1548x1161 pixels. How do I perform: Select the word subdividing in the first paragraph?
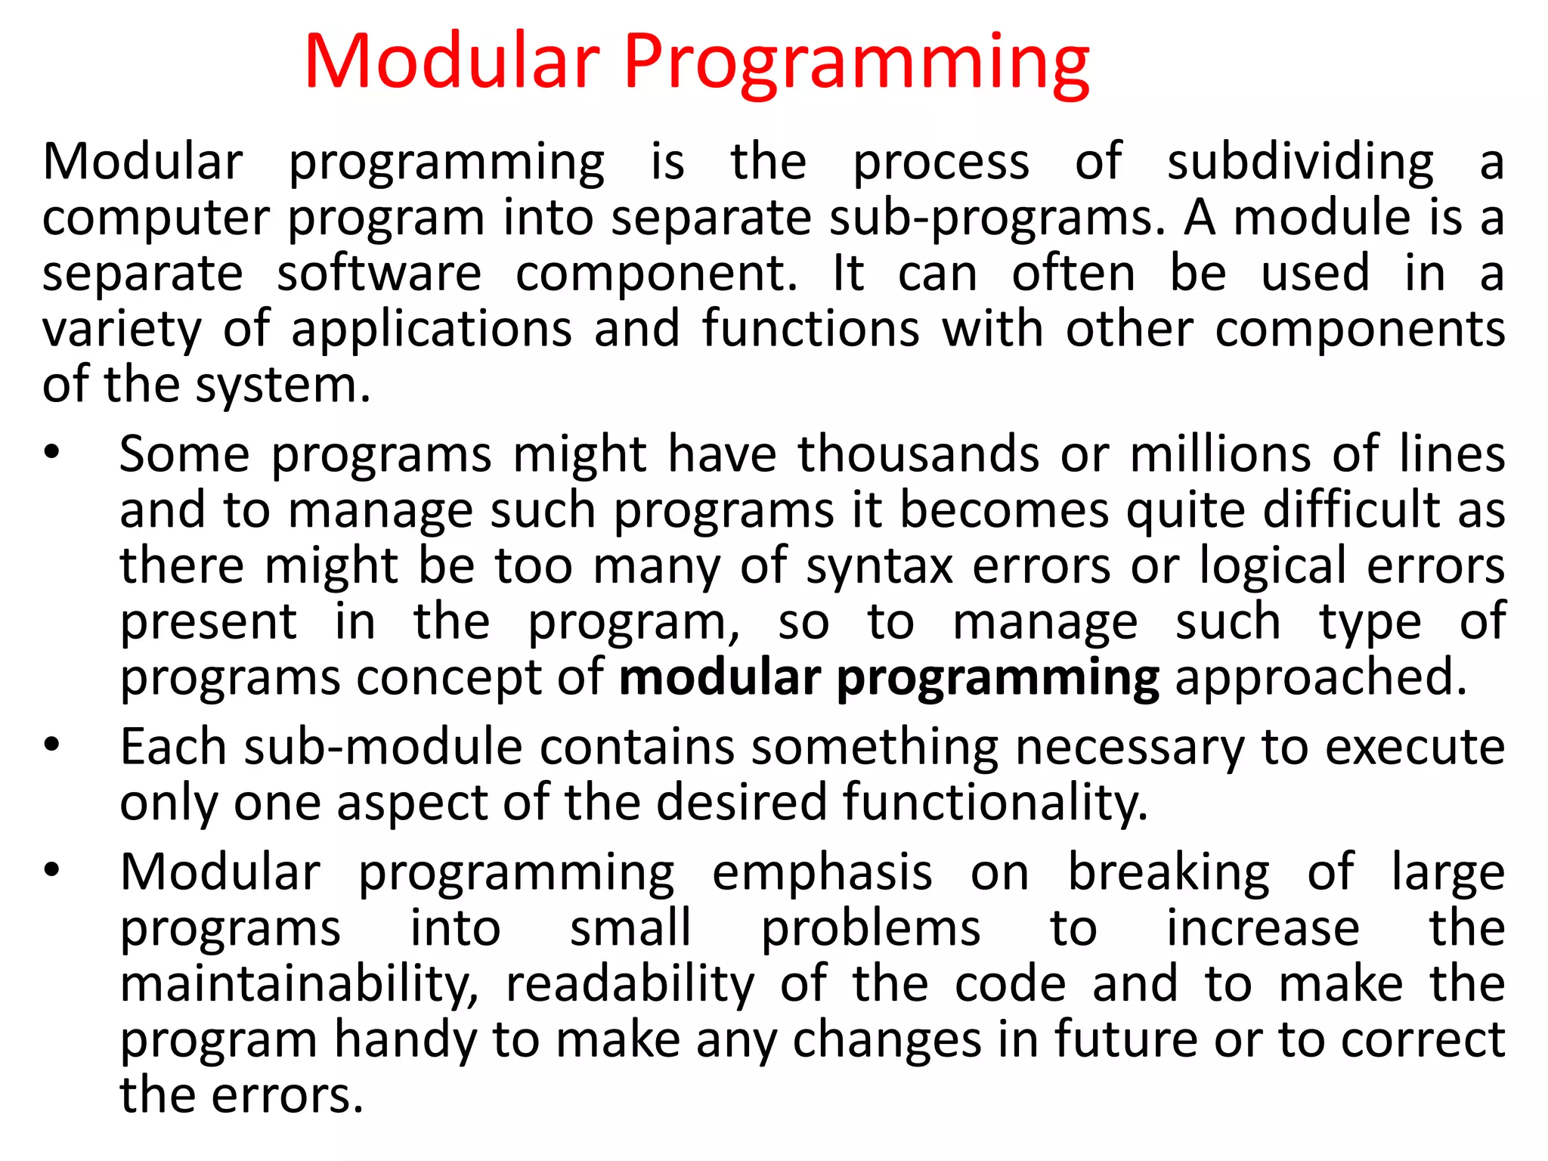click(1300, 163)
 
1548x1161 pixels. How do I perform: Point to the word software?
click(379, 274)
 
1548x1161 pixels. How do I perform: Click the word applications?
click(432, 330)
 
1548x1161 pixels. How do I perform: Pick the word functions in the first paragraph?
click(810, 329)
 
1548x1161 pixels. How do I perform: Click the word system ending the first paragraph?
click(283, 386)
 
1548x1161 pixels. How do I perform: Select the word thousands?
click(918, 455)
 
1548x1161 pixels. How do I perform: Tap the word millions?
click(1220, 455)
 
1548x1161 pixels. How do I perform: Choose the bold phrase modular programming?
click(889, 678)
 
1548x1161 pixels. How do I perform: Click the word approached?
click(1320, 678)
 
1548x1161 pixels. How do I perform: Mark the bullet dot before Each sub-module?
click(51, 745)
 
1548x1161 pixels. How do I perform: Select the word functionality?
click(995, 802)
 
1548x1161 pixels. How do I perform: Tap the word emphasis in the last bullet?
click(822, 873)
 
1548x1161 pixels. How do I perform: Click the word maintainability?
click(299, 985)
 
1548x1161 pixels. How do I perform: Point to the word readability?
click(630, 985)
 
